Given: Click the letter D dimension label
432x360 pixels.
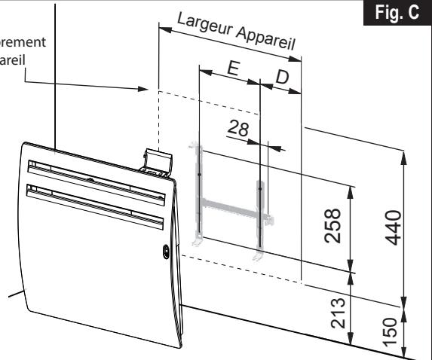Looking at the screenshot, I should click(282, 78).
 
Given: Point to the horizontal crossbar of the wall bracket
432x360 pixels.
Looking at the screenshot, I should click(230, 204).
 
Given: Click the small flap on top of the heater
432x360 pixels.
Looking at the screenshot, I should click(158, 159).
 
